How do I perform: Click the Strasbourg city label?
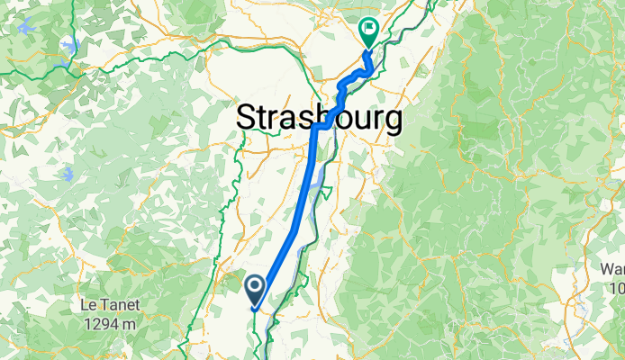tap(318, 118)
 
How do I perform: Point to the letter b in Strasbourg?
tap(322, 118)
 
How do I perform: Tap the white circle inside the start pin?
tap(255, 287)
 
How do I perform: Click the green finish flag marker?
tap(368, 32)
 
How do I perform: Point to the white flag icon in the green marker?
tap(368, 29)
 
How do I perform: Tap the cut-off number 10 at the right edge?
tap(617, 288)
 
